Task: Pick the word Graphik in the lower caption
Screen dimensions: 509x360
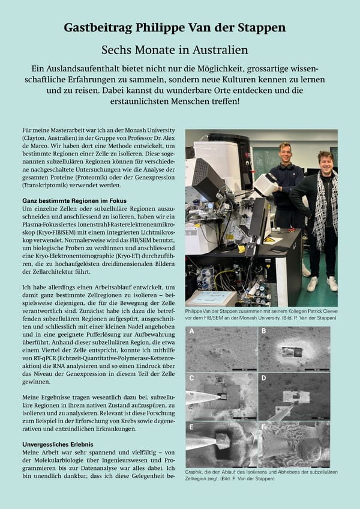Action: pyautogui.click(x=196, y=472)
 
